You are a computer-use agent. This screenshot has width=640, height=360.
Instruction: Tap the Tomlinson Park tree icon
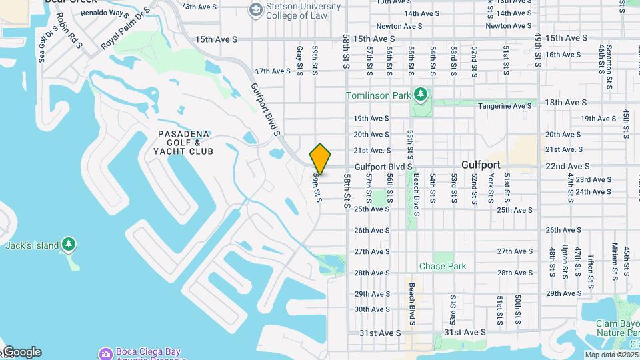pos(420,95)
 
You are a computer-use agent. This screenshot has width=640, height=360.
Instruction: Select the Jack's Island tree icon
pos(69,245)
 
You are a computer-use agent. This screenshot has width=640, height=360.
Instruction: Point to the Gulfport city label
pos(481,165)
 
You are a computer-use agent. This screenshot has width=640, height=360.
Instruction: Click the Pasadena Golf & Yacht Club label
pos(185,143)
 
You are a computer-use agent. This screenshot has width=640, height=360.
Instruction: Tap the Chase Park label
pos(442,266)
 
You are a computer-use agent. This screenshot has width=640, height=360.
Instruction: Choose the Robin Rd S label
pos(69,30)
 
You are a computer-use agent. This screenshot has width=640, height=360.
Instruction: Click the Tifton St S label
pos(591,264)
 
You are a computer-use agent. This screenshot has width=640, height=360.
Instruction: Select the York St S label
pos(491,189)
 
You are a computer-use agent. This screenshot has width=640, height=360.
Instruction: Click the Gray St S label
pos(299,60)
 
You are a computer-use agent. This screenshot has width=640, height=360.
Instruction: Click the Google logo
pos(22,352)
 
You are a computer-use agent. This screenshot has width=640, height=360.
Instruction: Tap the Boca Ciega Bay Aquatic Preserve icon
pos(105,353)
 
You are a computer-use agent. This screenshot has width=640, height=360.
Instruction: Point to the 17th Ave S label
pos(273,71)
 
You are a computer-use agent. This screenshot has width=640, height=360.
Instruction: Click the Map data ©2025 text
pos(609,355)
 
